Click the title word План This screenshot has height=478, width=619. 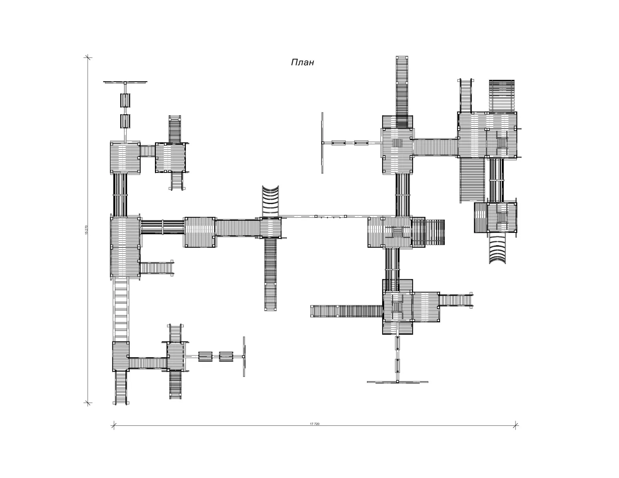tap(302, 62)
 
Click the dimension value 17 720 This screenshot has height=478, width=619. tap(314, 424)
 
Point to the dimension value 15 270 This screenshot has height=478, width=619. tap(86, 230)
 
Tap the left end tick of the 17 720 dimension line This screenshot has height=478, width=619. tap(114, 426)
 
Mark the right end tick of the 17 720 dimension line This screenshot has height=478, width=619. tap(515, 426)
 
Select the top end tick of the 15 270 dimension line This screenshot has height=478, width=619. tap(88, 57)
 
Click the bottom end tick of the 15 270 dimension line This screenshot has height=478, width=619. tap(88, 403)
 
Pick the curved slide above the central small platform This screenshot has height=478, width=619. tap(270, 201)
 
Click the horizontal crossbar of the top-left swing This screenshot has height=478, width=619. tap(125, 82)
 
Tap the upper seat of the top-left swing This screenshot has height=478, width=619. tap(125, 100)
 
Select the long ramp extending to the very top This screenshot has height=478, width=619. tap(402, 92)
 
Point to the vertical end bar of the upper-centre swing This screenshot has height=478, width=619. tap(323, 143)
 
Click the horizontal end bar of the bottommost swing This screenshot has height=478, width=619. tap(397, 382)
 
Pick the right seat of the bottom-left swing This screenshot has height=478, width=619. tap(226, 357)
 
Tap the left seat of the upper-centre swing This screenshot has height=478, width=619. tap(338, 143)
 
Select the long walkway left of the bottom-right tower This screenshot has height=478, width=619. tap(347, 311)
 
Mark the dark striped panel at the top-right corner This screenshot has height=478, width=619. tap(501, 95)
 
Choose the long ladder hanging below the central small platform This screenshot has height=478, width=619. tap(270, 274)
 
